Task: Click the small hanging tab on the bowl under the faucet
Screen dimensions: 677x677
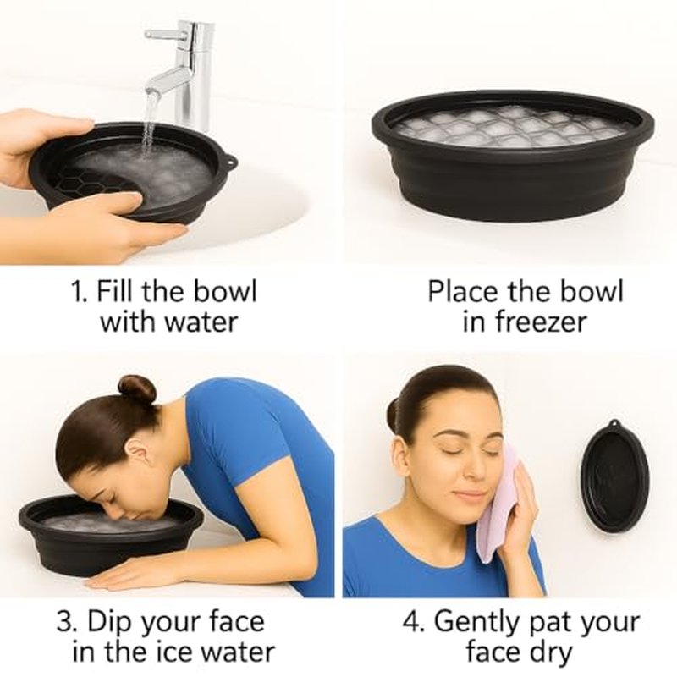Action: click(230, 162)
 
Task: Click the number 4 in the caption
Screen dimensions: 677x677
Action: click(411, 622)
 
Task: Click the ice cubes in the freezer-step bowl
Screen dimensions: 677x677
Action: click(512, 125)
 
